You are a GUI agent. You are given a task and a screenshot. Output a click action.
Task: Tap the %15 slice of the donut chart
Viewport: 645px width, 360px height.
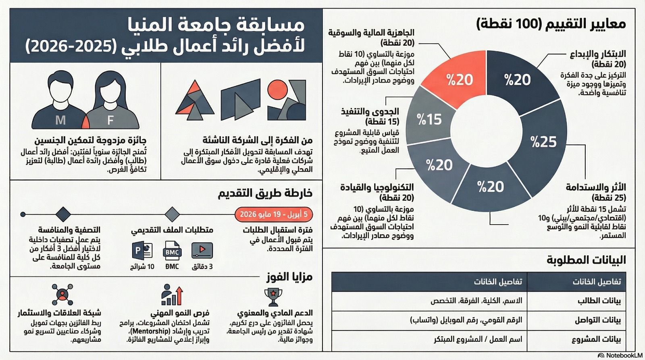click(429, 118)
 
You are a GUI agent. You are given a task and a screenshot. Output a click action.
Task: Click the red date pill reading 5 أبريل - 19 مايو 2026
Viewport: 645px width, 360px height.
click(274, 214)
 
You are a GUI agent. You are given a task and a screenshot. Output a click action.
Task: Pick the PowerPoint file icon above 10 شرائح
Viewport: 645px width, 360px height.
click(142, 251)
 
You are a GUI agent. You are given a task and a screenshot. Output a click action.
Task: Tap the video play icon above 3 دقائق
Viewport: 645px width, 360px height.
click(202, 250)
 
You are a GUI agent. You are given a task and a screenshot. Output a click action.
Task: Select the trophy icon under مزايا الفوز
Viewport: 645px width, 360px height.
click(273, 297)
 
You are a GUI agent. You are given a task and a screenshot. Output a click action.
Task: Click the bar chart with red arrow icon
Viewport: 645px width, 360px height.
click(172, 295)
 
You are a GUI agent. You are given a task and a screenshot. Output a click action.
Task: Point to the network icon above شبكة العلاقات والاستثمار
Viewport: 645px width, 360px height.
click(62, 294)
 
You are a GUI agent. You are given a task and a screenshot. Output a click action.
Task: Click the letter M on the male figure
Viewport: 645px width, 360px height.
click(60, 120)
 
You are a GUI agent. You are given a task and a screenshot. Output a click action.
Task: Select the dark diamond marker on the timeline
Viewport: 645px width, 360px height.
click(63, 214)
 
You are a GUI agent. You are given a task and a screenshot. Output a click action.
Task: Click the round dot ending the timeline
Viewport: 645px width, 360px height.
click(23, 214)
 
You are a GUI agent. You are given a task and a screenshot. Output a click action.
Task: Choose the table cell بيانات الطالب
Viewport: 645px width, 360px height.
click(599, 301)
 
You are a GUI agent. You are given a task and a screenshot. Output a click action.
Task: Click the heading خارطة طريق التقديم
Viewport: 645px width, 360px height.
click(265, 194)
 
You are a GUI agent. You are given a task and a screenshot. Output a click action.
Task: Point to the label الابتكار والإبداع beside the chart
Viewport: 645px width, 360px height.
click(598, 54)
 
